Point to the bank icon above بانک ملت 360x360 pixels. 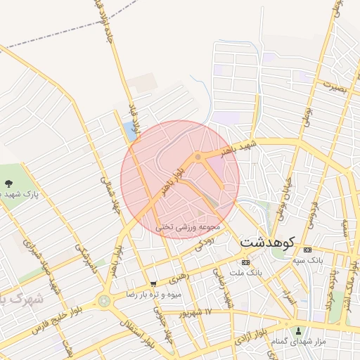click(245, 262)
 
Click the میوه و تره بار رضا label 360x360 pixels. click(153, 294)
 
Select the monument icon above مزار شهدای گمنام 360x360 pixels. click(299, 330)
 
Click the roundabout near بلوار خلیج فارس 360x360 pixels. click(105, 302)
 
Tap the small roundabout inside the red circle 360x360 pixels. click(199, 156)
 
